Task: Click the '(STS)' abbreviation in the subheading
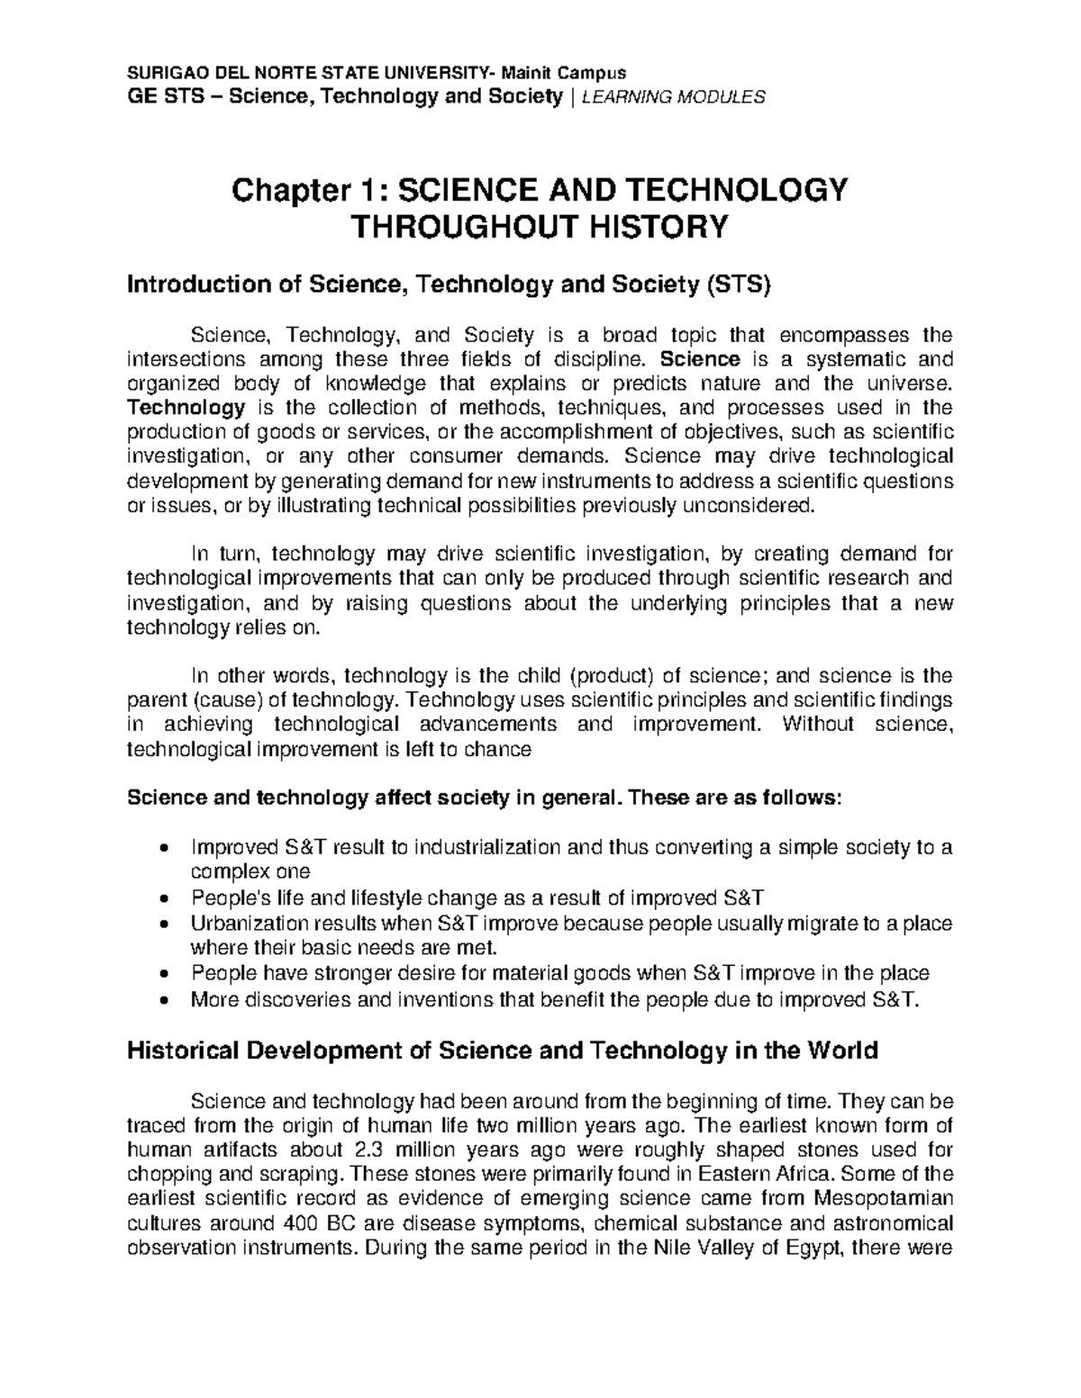coord(740,286)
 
